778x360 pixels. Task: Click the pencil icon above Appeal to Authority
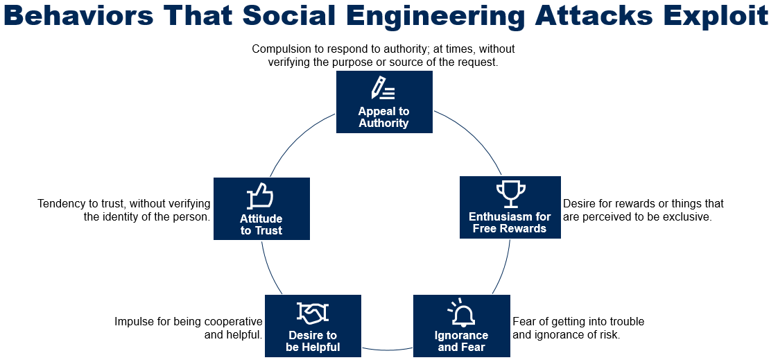click(383, 88)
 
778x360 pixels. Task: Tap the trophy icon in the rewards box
click(510, 194)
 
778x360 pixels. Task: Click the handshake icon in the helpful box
click(313, 313)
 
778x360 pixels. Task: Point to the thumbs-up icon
click(261, 196)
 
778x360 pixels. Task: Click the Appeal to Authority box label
click(383, 117)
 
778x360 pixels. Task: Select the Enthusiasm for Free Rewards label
click(510, 223)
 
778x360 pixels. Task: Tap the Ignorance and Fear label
click(461, 341)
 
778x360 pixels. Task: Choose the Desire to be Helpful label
click(313, 341)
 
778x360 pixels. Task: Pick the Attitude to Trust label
click(261, 225)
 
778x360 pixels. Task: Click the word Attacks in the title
click(589, 17)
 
